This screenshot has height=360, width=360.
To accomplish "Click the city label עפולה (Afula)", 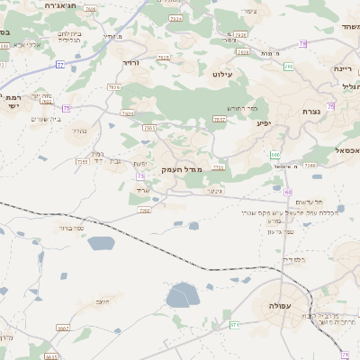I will pos(280,306).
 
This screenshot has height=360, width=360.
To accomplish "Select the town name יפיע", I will pos(263,121).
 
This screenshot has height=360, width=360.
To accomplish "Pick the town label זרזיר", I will pos(130,63).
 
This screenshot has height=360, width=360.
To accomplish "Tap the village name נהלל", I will pos(77,130).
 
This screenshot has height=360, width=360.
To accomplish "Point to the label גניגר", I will pos(213,190).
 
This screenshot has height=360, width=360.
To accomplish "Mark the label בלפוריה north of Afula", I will pos(293,259).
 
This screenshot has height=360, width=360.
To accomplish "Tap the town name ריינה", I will pos(342,68).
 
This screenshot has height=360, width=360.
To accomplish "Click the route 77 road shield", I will pos(60,64).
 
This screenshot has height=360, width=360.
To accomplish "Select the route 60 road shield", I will pos(288,193).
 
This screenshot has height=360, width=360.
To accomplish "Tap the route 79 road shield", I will pos(303,43).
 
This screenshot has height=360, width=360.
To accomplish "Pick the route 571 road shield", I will pos(235,324).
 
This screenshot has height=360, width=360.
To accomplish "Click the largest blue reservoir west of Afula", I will pos(183,294).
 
